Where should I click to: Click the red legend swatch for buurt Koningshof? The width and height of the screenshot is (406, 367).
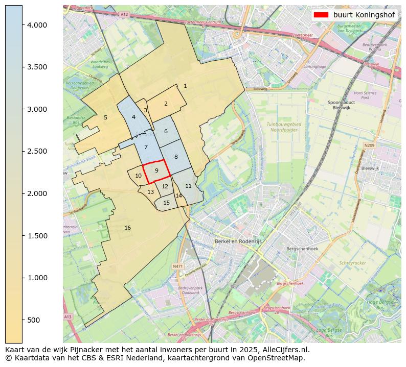click(x=321, y=15)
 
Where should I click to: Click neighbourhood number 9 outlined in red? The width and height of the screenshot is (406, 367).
click(x=156, y=170)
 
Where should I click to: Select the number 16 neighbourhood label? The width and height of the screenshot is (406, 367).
click(x=127, y=228)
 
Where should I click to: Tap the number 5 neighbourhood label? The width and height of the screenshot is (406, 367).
click(x=105, y=117)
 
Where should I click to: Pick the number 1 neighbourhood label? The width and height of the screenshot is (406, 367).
click(x=185, y=86)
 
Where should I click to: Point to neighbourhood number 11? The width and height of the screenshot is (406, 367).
click(x=188, y=186)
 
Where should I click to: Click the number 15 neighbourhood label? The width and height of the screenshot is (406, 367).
click(x=166, y=203)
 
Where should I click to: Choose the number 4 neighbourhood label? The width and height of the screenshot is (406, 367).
click(x=133, y=117)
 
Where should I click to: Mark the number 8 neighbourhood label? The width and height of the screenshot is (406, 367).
click(x=176, y=157)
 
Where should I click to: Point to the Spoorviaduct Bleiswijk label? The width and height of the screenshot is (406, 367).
click(x=342, y=105)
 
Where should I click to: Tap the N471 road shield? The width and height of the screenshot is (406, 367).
click(x=177, y=266)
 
